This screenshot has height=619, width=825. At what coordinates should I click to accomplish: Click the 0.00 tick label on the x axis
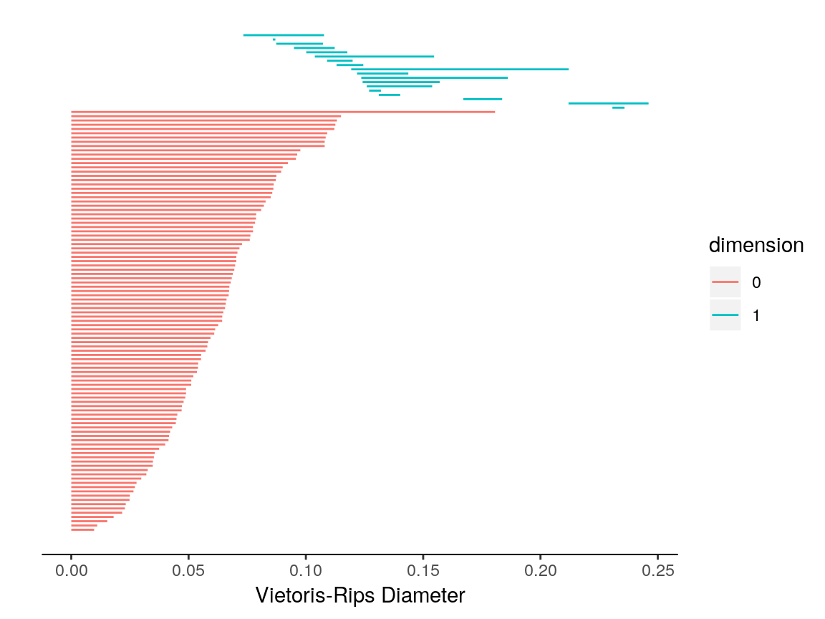[x=71, y=571]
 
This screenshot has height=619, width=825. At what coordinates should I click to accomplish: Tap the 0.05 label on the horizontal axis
[x=188, y=571]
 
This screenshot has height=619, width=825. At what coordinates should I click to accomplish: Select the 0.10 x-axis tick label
[x=306, y=571]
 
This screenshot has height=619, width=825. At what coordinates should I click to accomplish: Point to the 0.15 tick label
[x=423, y=571]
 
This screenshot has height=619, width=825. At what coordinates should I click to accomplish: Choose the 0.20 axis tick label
[x=541, y=571]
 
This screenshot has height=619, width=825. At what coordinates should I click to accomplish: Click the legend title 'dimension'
[x=756, y=246]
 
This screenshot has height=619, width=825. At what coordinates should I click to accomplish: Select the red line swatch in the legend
[x=725, y=282]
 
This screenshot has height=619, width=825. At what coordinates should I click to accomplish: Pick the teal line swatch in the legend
[x=725, y=315]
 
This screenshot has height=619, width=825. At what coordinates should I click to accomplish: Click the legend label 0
[x=756, y=282]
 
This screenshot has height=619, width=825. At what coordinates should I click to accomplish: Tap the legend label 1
[x=756, y=315]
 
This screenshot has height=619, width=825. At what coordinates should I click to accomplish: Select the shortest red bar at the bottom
[x=82, y=530]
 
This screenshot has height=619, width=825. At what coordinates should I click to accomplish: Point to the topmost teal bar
[x=284, y=35]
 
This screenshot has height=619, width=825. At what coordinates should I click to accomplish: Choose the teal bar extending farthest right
[x=608, y=104]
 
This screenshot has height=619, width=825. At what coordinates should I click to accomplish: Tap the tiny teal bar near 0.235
[x=618, y=107]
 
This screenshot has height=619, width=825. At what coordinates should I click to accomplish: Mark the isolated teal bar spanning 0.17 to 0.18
[x=483, y=99]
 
